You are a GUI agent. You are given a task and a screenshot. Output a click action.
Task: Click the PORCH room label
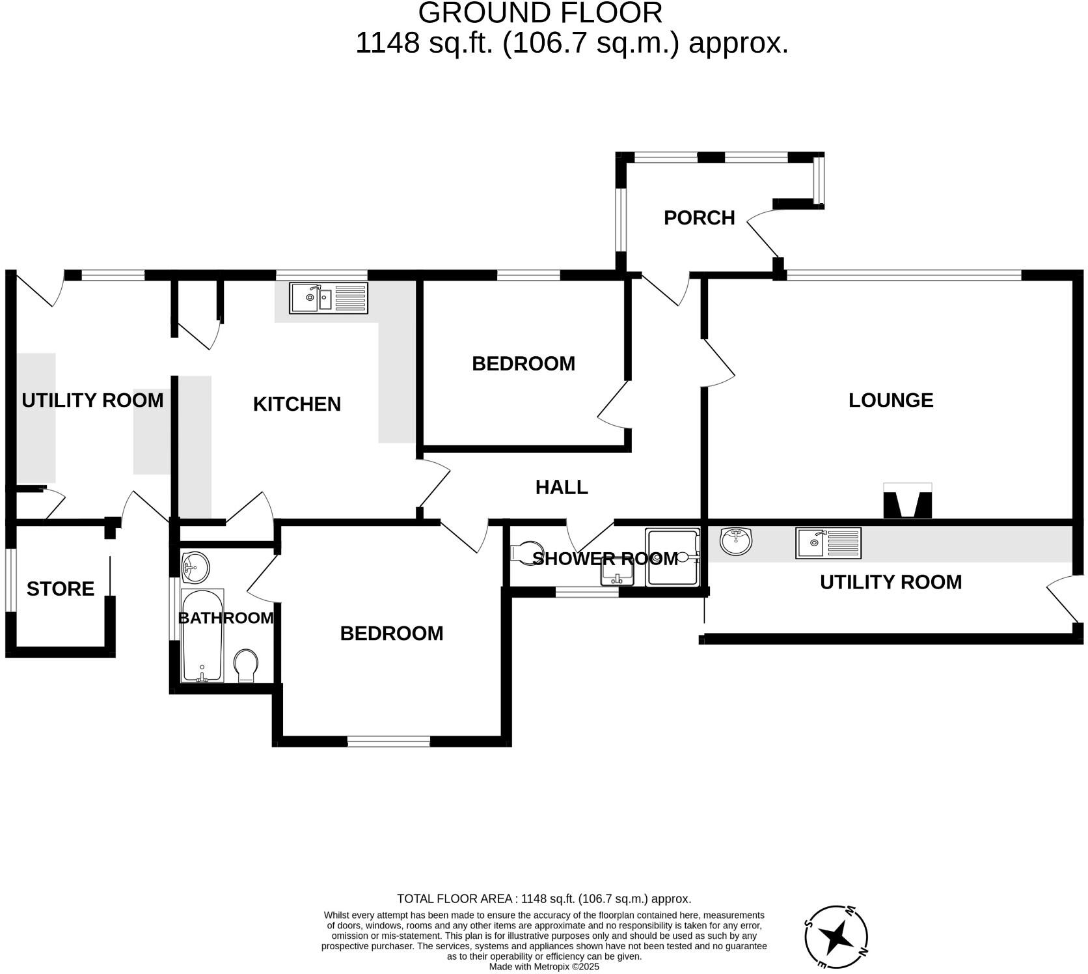(x=699, y=217)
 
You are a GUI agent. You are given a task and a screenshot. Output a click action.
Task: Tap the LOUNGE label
(x=890, y=400)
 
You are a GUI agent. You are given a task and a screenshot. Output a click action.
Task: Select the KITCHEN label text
(x=297, y=404)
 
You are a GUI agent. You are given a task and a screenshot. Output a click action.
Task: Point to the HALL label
(x=562, y=487)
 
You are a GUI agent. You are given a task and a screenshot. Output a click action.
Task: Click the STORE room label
(x=61, y=589)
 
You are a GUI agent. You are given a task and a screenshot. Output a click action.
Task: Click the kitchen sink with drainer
(x=329, y=298)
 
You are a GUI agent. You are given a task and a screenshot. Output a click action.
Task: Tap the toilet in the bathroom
(x=246, y=665)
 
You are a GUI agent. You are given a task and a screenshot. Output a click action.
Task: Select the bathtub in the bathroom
(x=202, y=635)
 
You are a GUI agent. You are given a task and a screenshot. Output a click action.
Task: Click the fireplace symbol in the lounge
(x=907, y=501)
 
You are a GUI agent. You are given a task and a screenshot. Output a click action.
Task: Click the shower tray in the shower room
(x=672, y=557)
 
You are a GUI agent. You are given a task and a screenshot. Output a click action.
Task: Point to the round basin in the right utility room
(x=736, y=540)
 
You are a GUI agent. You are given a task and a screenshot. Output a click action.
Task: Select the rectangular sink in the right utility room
(x=828, y=543)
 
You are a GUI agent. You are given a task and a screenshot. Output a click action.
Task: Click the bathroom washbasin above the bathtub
(x=195, y=567)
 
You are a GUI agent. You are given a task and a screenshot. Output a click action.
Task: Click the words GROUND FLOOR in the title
(x=540, y=13)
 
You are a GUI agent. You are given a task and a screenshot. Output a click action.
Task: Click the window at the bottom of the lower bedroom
(x=388, y=741)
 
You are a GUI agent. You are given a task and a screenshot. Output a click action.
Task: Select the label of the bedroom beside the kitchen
(x=523, y=363)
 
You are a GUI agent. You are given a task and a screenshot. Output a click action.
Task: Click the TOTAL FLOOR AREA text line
(x=543, y=899)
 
